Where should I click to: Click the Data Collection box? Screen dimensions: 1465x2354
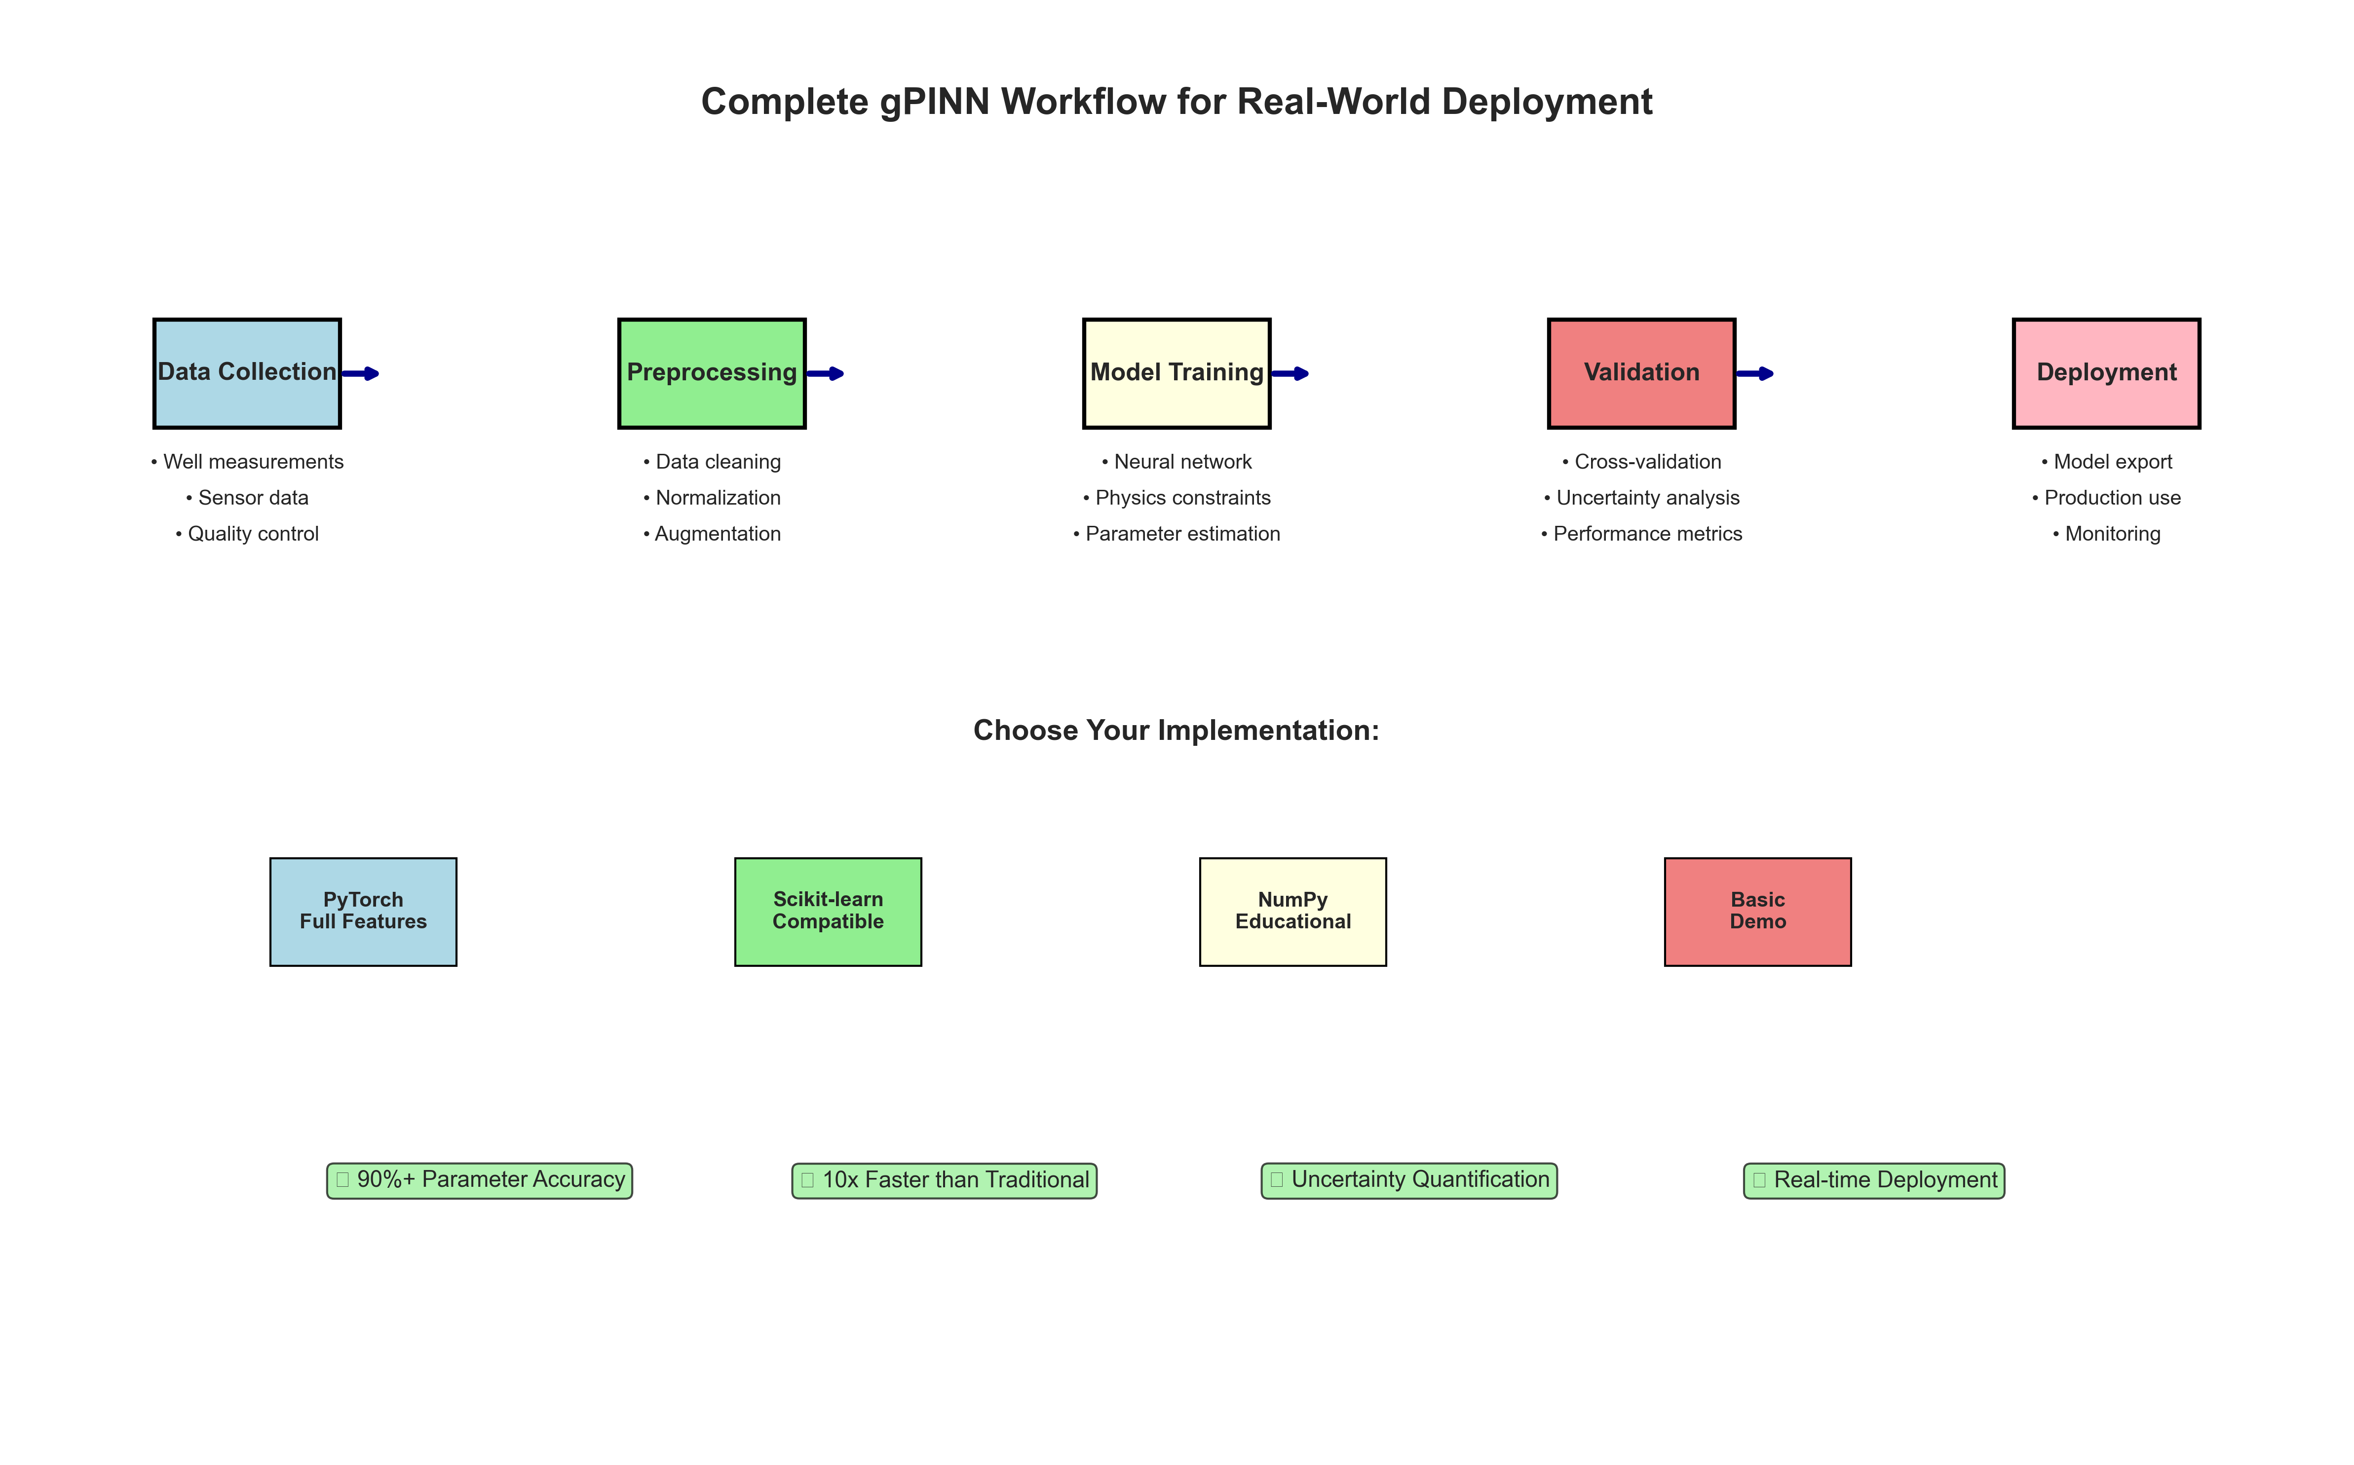[247, 373]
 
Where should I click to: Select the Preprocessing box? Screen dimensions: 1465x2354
[711, 373]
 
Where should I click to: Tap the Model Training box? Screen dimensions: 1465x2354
[1177, 373]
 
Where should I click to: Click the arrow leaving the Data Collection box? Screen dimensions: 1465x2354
[361, 373]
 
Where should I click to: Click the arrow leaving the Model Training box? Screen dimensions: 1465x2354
[1290, 373]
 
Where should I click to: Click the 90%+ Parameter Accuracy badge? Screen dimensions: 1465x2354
[480, 1180]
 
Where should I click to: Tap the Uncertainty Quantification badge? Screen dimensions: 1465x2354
[1409, 1180]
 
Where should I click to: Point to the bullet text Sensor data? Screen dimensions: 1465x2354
[248, 498]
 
